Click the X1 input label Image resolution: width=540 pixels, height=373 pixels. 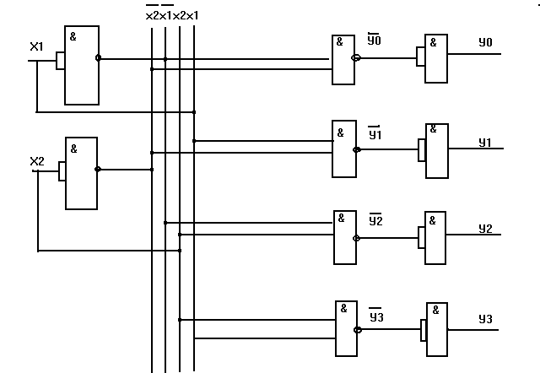click(x=36, y=46)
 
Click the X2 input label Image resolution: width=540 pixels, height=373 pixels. click(x=37, y=161)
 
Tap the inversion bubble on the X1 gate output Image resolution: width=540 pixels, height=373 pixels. click(x=98, y=58)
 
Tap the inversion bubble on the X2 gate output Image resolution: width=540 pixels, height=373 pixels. click(x=98, y=169)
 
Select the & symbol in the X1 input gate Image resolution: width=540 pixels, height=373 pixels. click(x=73, y=36)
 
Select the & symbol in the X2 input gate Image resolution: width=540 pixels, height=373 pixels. click(x=73, y=149)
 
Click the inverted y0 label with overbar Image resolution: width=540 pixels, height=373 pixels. click(x=375, y=40)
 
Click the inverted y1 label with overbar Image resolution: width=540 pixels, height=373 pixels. click(x=375, y=133)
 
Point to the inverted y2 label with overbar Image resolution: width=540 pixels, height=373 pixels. click(x=375, y=219)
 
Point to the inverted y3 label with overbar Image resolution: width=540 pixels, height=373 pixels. click(x=376, y=315)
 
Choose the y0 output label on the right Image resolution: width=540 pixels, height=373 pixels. click(x=486, y=42)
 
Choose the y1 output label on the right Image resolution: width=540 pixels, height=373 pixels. click(x=485, y=143)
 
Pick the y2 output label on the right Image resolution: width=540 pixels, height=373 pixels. click(x=486, y=229)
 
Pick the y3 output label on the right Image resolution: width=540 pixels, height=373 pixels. click(x=486, y=319)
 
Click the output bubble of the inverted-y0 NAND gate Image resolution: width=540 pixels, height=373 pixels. click(x=356, y=58)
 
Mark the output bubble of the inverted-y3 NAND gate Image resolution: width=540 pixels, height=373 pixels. click(x=358, y=330)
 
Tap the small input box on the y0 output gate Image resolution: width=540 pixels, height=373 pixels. click(x=420, y=57)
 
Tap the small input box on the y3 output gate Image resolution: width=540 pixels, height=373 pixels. click(x=424, y=330)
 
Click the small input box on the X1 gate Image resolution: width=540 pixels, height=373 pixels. click(x=60, y=61)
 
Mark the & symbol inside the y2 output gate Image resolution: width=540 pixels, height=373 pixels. click(x=433, y=220)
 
